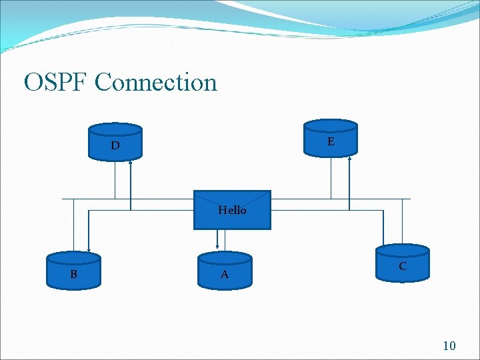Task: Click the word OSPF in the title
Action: click(56, 83)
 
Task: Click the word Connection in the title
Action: click(156, 83)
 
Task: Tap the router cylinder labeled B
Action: click(73, 270)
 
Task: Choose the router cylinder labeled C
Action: click(403, 262)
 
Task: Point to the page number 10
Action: click(449, 345)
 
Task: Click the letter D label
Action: click(115, 145)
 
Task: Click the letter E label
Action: click(331, 142)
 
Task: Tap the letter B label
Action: click(73, 274)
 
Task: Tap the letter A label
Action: click(225, 275)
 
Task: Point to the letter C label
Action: click(403, 266)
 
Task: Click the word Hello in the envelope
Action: click(232, 211)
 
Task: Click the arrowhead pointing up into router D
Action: click(131, 161)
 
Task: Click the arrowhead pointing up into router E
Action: click(350, 158)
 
